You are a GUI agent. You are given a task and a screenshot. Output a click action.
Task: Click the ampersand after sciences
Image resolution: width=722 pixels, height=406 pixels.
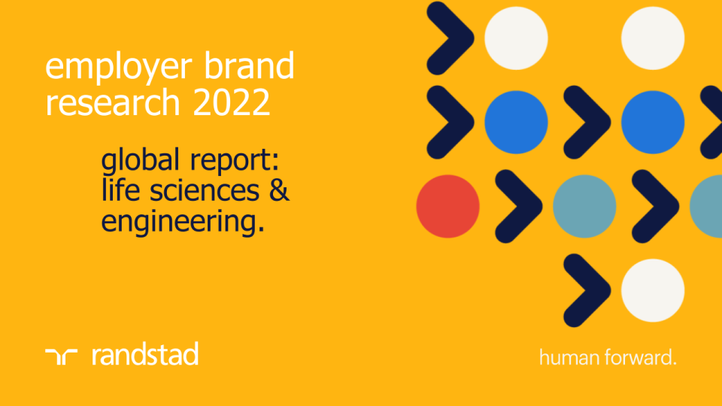[279, 192]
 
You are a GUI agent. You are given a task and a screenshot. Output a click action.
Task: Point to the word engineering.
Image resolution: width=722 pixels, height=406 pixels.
[183, 223]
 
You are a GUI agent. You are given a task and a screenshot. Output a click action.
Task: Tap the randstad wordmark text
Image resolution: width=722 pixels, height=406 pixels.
[145, 354]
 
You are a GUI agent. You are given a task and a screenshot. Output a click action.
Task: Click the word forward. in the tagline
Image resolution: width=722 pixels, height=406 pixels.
[640, 358]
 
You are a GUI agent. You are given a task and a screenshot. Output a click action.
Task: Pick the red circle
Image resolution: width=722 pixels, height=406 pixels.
[447, 206]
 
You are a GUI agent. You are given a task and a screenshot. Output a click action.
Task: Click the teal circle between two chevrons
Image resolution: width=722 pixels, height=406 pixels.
[584, 206]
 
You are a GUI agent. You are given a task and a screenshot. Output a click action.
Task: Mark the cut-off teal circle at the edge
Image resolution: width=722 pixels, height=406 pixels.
[708, 206]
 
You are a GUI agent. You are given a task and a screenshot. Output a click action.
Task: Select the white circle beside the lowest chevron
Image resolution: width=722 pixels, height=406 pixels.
[653, 290]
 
